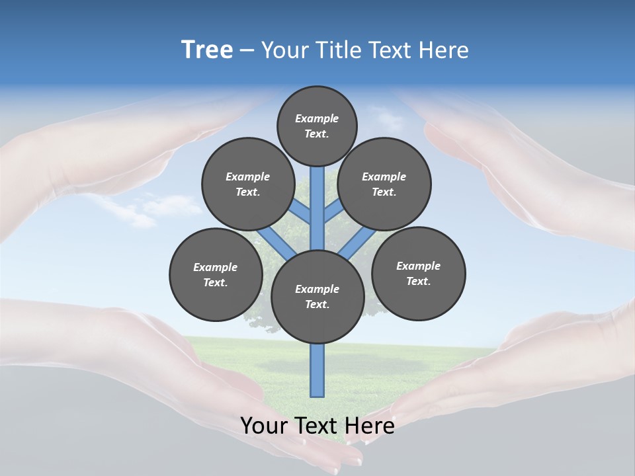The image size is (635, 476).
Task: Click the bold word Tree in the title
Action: [x=207, y=50]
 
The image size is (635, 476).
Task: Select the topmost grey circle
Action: [x=317, y=126]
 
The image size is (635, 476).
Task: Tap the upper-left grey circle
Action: [x=248, y=184]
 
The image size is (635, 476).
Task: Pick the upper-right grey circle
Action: [x=384, y=184]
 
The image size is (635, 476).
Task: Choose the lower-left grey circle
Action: [x=216, y=274]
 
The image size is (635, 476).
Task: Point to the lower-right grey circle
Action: [x=419, y=273]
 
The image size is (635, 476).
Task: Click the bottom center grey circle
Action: [x=317, y=297]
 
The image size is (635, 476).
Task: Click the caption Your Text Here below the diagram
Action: [x=317, y=425]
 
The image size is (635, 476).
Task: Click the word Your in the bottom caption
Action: [x=264, y=425]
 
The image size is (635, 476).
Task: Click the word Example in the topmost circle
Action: [x=317, y=118]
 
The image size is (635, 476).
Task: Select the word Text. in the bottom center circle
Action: [x=317, y=305]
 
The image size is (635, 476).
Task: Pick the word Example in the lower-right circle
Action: [x=418, y=266]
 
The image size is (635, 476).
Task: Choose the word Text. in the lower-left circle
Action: [x=216, y=282]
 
